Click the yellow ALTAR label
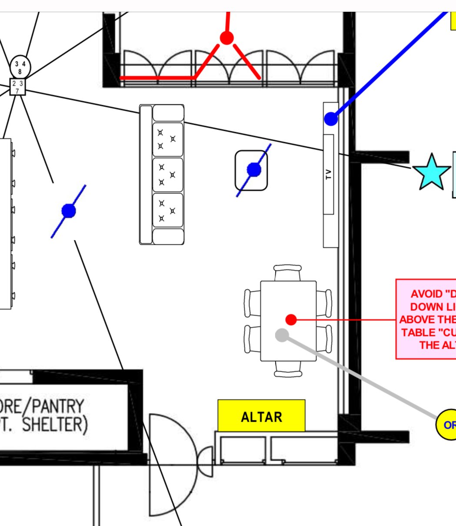pos(261,416)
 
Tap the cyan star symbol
pos(431,172)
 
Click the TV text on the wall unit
pos(329,174)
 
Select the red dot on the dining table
pos(291,320)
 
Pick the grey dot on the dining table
pos(282,335)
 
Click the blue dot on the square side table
pos(254,170)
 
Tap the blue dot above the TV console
pos(331,119)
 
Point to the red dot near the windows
pos(226,38)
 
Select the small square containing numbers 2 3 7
pos(17,87)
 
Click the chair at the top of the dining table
pos(288,272)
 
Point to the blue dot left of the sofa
pos(69,211)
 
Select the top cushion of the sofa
pos(168,139)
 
